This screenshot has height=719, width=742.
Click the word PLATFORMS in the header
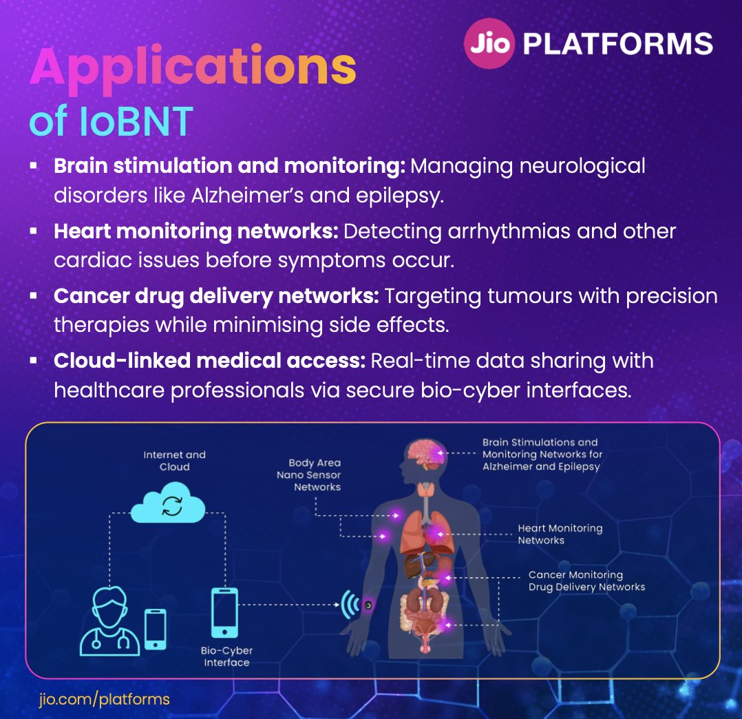[x=617, y=44]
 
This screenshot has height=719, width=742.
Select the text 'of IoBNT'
[x=111, y=122]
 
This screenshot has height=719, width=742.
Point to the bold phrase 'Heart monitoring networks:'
[x=196, y=231]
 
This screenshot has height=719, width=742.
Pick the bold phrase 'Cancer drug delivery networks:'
[x=216, y=296]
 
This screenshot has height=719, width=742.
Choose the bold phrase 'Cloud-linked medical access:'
[x=209, y=361]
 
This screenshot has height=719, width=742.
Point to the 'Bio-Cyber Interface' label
[x=226, y=656]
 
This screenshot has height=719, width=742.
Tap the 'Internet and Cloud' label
[x=174, y=461]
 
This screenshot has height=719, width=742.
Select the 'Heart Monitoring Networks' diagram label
[x=560, y=534]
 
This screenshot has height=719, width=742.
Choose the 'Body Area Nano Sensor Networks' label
[x=315, y=475]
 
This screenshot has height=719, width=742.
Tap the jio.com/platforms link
[x=104, y=700]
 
